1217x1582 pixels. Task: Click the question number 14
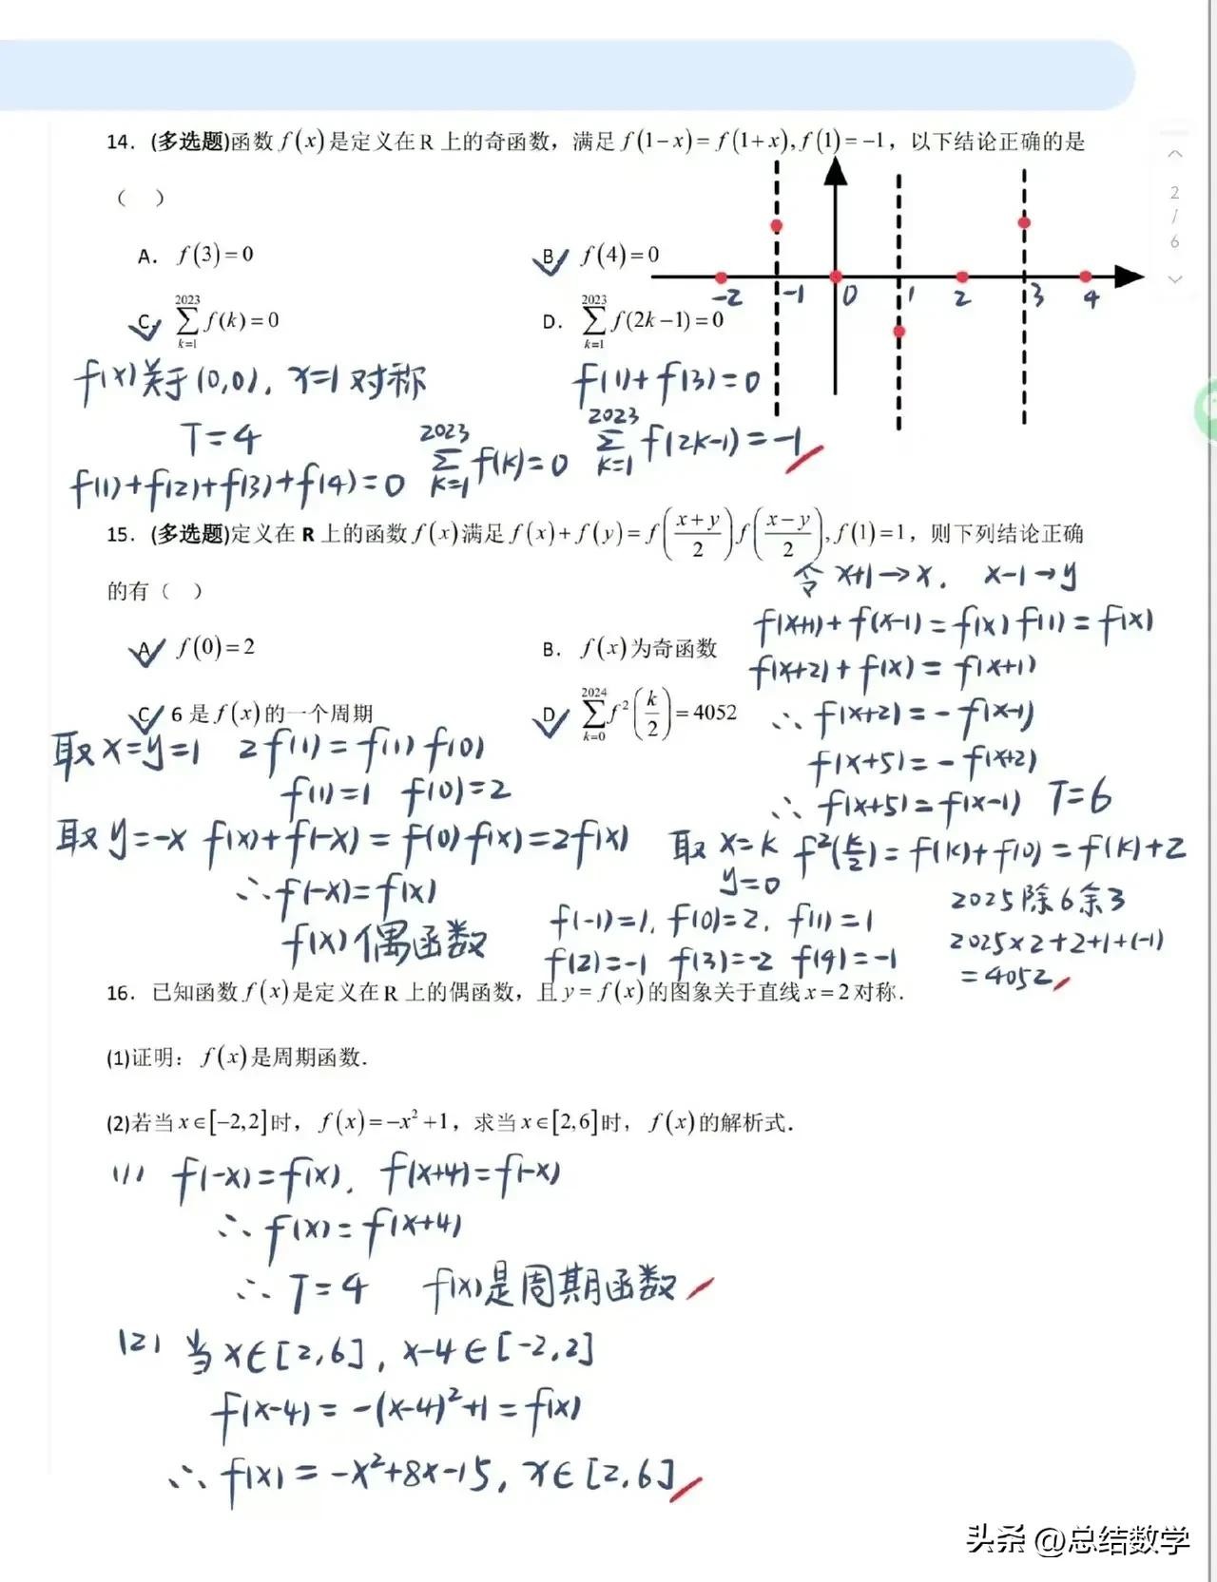(120, 143)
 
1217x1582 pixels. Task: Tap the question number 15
(120, 534)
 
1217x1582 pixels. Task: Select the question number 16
(120, 993)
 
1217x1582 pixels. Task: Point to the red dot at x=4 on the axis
(1086, 276)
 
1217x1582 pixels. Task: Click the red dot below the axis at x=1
(899, 332)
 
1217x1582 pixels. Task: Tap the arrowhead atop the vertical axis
(835, 171)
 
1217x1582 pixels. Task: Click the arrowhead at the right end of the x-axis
(1129, 276)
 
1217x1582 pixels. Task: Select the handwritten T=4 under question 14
(222, 439)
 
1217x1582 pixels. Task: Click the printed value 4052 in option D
(715, 713)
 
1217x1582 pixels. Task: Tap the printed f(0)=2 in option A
(216, 648)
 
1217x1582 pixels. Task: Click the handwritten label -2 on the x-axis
(728, 298)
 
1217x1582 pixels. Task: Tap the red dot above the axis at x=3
(1024, 222)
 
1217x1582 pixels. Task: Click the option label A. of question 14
(147, 257)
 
